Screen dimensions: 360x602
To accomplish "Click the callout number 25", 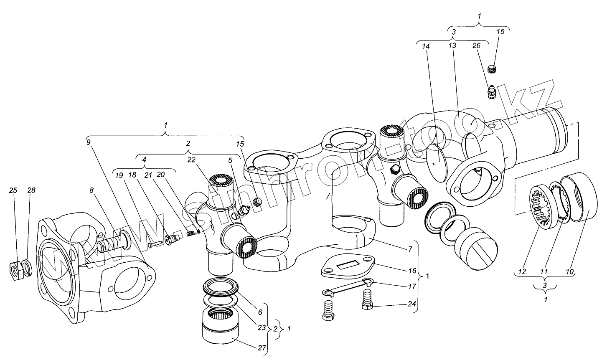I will click(13, 190).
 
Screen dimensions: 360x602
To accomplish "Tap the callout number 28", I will click(31, 190).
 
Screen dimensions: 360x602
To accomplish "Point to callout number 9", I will click(88, 142).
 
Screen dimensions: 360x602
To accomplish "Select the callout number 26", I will click(477, 46).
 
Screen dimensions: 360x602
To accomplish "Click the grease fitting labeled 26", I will click(493, 92).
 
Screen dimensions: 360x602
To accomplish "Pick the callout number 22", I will click(191, 159).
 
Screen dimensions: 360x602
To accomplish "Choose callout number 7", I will click(411, 249).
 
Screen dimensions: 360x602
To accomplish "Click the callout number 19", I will click(119, 176).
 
